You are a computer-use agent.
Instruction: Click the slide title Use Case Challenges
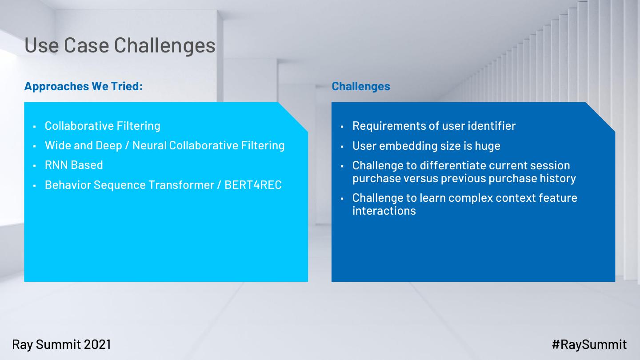(x=120, y=45)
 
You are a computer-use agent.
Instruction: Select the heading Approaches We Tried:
(x=84, y=86)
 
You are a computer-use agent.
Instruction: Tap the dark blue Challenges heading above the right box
(x=361, y=86)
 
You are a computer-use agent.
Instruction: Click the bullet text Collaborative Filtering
(x=103, y=126)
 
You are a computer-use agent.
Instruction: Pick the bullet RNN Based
(x=74, y=165)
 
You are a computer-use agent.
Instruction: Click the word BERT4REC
(x=253, y=185)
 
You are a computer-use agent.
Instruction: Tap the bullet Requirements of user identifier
(x=434, y=126)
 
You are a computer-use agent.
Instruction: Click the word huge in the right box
(x=488, y=146)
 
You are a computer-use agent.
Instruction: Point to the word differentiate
(x=452, y=165)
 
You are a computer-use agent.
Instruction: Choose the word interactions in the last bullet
(x=384, y=211)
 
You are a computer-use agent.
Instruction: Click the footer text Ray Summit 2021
(x=61, y=344)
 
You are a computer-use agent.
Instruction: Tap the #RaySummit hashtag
(x=589, y=344)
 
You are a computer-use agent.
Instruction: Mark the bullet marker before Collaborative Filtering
(x=35, y=127)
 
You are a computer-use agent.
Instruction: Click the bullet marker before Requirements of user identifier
(x=342, y=127)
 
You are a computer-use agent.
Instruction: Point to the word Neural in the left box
(x=149, y=145)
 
